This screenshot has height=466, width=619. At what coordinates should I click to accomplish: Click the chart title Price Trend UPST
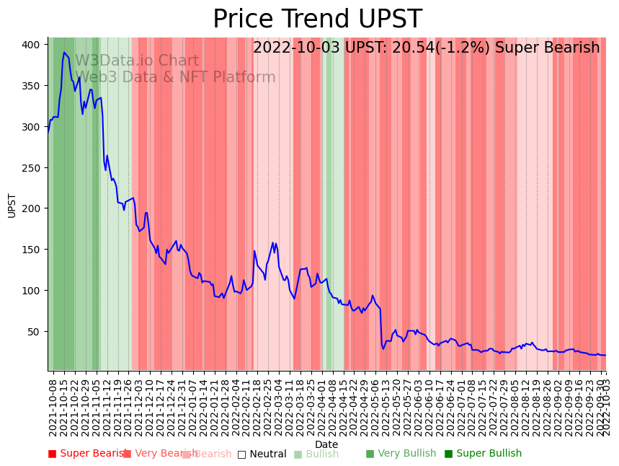(317, 19)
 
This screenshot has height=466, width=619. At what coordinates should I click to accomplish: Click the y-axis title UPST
(12, 205)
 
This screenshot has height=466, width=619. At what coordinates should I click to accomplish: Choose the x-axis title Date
(326, 444)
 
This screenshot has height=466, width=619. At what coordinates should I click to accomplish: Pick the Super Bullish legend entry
(482, 454)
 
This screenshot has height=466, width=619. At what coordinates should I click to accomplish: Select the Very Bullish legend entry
(401, 454)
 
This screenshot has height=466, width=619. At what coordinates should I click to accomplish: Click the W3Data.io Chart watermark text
(137, 61)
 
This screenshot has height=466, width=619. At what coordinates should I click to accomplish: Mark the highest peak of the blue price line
(64, 53)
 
